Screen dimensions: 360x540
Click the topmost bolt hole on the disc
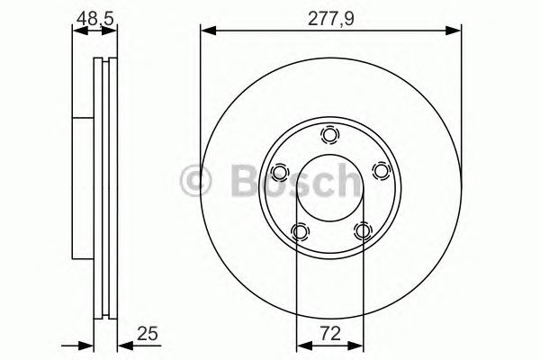coord(329,136)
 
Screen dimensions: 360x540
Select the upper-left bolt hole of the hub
coord(279,172)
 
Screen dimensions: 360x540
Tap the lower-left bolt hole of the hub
coord(299,232)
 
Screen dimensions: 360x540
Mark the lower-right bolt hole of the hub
coord(362,232)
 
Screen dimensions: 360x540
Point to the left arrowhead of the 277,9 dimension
coord(206,31)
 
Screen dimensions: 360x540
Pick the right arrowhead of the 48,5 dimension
coord(112,31)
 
